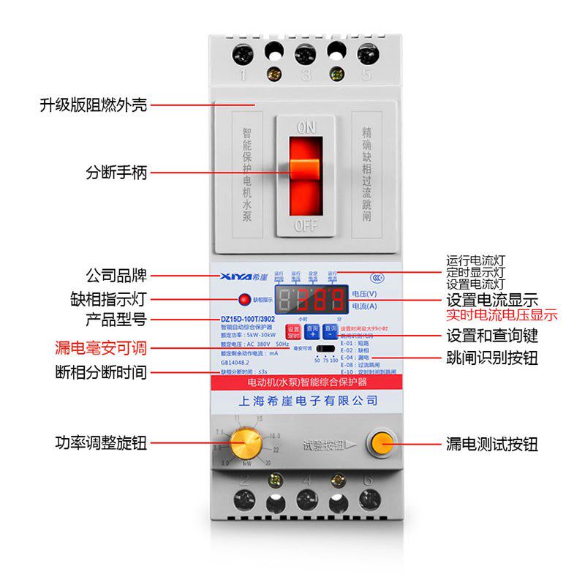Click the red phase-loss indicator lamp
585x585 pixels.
pos(243,299)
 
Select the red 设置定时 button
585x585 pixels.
pos(292,331)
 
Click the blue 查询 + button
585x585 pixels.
pos(312,331)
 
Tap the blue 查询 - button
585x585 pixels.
pos(331,331)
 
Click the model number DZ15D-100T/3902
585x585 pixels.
pos(248,319)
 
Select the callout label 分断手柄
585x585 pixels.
pos(116,173)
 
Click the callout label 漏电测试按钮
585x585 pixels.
pos(492,444)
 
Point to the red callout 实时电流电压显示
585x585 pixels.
pos(502,316)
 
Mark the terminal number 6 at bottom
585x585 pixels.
pos(368,480)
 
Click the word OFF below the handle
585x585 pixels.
pos(305,224)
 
